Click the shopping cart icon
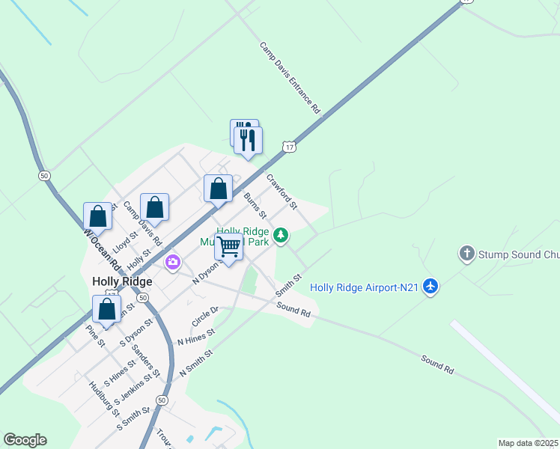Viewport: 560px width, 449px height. click(x=229, y=245)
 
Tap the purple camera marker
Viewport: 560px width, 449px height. click(x=173, y=262)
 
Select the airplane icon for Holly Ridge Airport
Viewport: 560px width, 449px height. click(x=430, y=286)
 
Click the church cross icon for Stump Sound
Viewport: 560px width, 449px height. click(x=467, y=254)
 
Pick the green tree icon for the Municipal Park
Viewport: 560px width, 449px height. click(x=281, y=236)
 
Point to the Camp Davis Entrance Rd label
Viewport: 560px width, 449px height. click(x=290, y=78)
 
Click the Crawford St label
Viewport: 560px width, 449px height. click(x=281, y=191)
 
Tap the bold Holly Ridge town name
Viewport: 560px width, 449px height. click(x=122, y=281)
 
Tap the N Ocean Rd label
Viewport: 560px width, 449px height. click(x=102, y=249)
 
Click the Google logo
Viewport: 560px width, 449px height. click(x=25, y=440)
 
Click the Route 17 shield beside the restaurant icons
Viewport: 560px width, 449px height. click(x=289, y=147)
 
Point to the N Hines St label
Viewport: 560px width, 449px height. click(x=195, y=336)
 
